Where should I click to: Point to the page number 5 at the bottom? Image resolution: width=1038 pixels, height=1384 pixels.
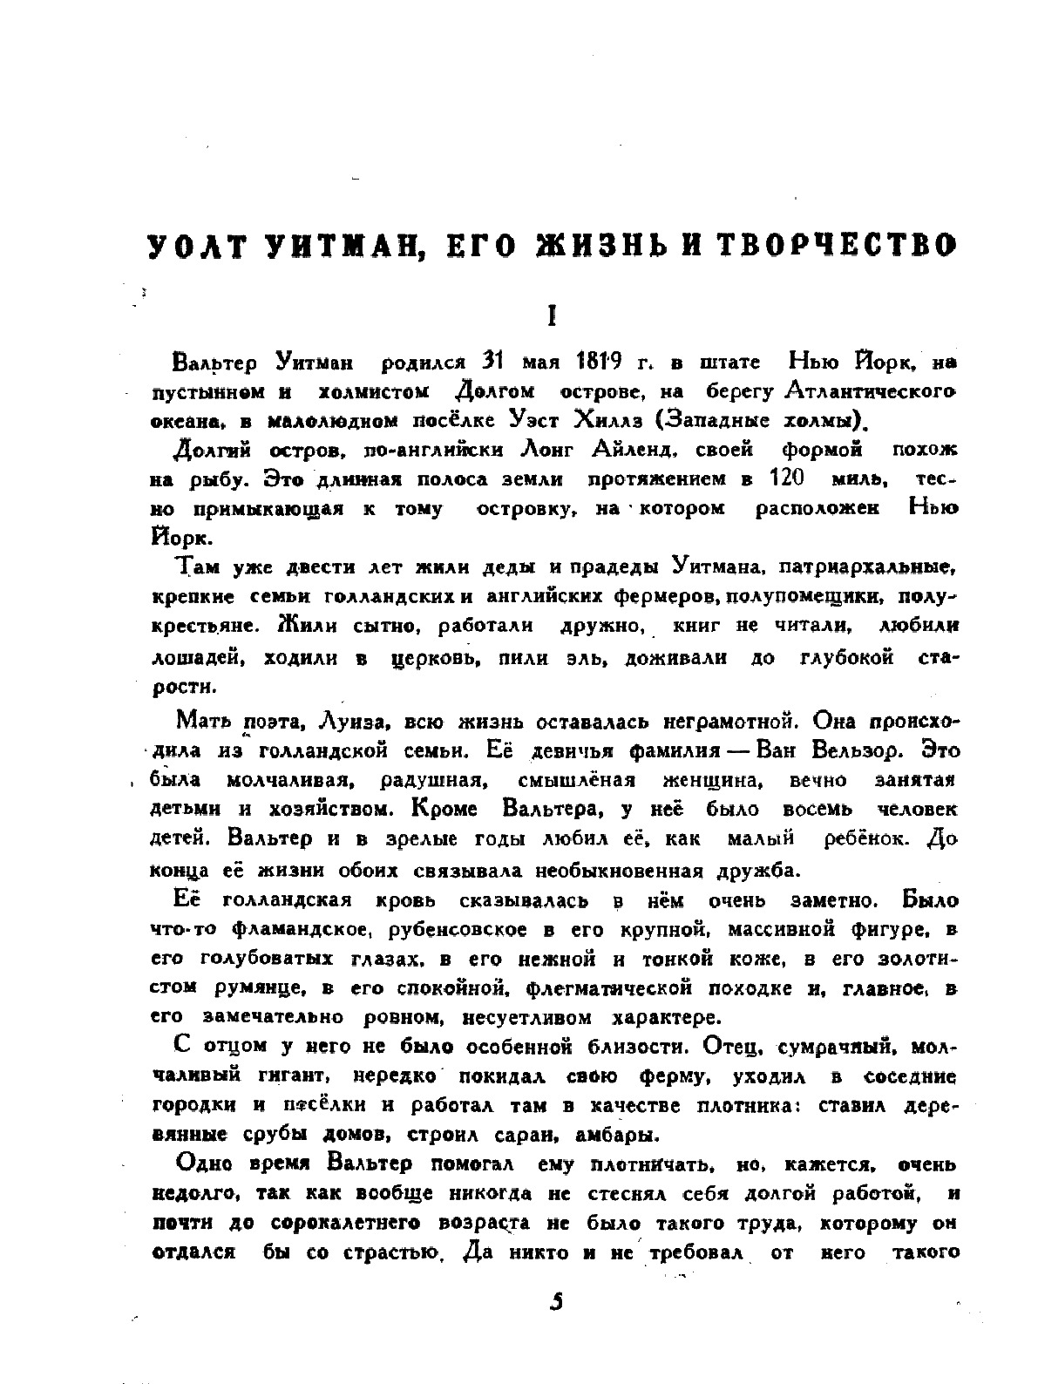[x=557, y=1302]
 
